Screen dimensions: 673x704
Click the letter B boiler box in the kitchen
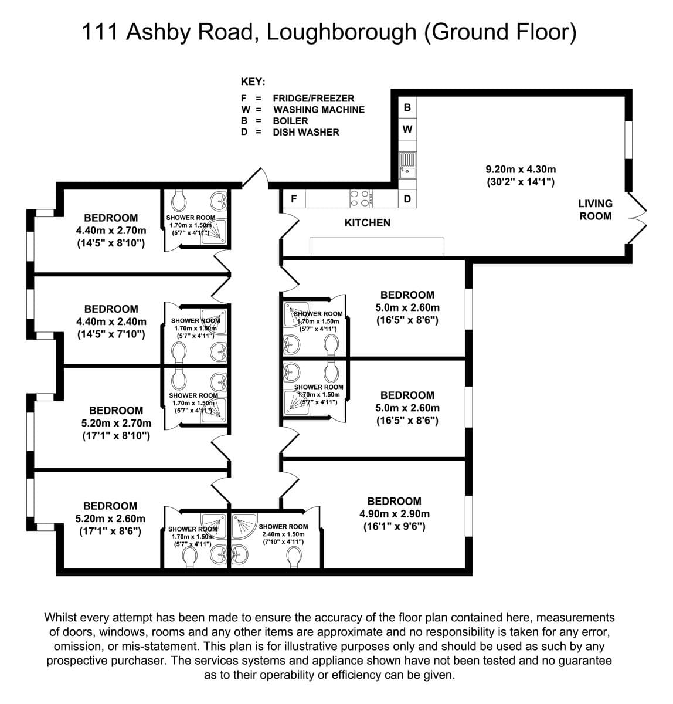(x=407, y=107)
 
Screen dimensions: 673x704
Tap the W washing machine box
(x=407, y=129)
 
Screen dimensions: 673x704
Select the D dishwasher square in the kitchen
(x=407, y=199)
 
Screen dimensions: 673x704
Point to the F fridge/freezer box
(x=294, y=199)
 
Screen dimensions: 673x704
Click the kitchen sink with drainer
(x=407, y=165)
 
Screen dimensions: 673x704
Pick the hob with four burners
(x=361, y=199)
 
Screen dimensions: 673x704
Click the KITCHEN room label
(x=367, y=222)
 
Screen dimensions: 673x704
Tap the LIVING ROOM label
(x=595, y=210)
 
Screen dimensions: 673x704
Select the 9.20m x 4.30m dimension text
(x=521, y=170)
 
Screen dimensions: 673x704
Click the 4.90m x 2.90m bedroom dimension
(x=395, y=514)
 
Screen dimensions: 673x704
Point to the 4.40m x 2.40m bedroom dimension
(x=111, y=321)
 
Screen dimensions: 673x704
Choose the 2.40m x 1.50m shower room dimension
(x=283, y=534)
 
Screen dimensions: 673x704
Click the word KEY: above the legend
(x=253, y=82)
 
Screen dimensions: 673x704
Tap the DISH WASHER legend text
(x=306, y=133)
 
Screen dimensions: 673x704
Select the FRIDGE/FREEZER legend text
(x=314, y=99)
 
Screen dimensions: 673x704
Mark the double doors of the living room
(x=637, y=218)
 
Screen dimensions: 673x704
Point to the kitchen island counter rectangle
(x=377, y=247)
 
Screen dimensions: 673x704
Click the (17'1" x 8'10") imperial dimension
(x=116, y=435)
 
